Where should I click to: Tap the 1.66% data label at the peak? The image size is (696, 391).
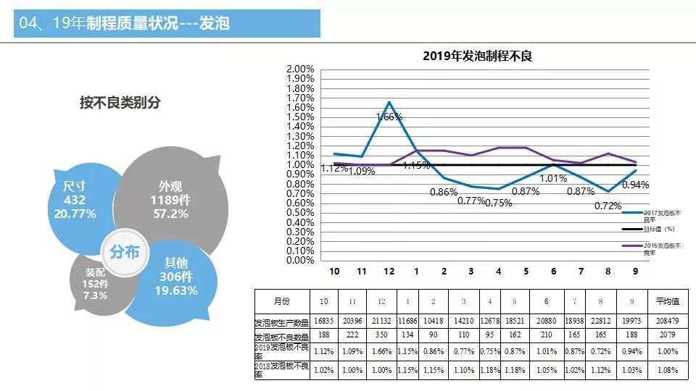coord(389,117)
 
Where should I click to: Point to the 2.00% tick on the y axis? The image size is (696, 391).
coord(300,70)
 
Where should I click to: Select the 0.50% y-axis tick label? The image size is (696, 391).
coord(300,212)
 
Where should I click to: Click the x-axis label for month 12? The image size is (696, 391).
coord(389,271)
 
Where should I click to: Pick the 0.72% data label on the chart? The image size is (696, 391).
coord(608,206)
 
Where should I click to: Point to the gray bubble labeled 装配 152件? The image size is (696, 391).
coord(96,284)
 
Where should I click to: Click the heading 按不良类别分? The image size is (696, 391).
coord(120,103)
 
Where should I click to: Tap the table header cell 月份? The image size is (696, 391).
coord(282,300)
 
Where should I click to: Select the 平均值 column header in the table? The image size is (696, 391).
coord(666,300)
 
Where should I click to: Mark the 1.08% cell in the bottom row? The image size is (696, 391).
coord(666,370)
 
